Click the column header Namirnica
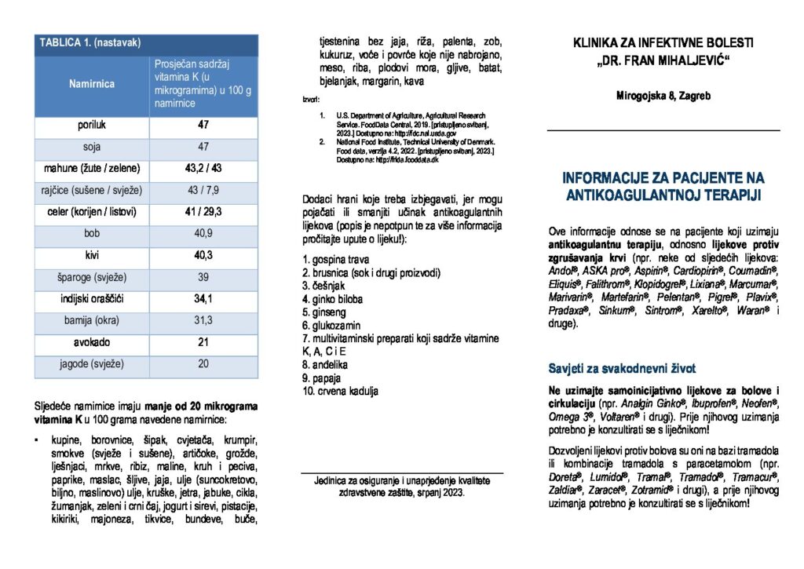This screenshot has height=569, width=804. pyautogui.click(x=92, y=84)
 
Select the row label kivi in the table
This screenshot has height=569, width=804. pyautogui.click(x=92, y=255)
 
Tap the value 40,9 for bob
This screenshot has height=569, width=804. pyautogui.click(x=203, y=233)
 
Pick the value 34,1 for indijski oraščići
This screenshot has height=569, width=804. pyautogui.click(x=203, y=298)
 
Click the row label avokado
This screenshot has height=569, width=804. pyautogui.click(x=92, y=342)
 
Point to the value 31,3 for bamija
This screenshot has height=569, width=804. pyautogui.click(x=203, y=320)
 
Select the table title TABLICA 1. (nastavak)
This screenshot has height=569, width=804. pyautogui.click(x=90, y=42)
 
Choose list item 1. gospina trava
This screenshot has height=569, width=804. pyautogui.click(x=336, y=259)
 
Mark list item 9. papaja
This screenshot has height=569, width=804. pyautogui.click(x=324, y=378)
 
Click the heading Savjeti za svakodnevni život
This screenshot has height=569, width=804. pyautogui.click(x=621, y=368)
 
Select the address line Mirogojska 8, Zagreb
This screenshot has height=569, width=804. pyautogui.click(x=663, y=96)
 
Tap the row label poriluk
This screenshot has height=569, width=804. pyautogui.click(x=92, y=125)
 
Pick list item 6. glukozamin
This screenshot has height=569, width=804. pyautogui.click(x=333, y=325)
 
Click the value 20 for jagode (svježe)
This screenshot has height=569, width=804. pyautogui.click(x=203, y=363)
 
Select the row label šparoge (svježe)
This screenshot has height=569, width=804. pyautogui.click(x=92, y=277)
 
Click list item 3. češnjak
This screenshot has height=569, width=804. pyautogui.click(x=324, y=286)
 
